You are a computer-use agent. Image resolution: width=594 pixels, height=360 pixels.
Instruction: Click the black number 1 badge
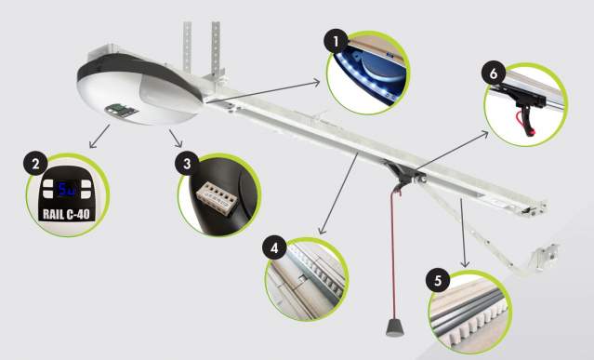click(336, 41)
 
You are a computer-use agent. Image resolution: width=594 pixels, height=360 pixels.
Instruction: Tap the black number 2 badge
click(35, 164)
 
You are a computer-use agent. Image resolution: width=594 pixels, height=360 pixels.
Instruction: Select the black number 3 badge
click(187, 164)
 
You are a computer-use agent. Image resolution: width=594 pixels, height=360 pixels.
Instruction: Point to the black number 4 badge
click(274, 247)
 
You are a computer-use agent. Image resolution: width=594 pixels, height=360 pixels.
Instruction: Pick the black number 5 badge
click(439, 280)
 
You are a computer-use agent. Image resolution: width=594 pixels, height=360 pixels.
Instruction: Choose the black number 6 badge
click(494, 73)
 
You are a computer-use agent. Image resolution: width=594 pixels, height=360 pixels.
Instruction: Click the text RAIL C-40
click(66, 214)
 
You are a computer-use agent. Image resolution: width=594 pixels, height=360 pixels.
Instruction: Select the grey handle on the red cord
click(395, 327)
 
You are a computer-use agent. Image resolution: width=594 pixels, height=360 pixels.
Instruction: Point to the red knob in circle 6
click(532, 132)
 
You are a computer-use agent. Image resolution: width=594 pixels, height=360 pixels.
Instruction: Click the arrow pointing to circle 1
click(262, 91)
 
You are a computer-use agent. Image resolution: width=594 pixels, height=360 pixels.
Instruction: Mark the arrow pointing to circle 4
click(338, 193)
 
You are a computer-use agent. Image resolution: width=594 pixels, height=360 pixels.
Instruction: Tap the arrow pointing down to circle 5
click(463, 233)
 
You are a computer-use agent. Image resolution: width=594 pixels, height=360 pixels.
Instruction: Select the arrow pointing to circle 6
click(451, 151)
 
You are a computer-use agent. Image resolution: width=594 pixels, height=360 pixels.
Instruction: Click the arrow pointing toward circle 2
click(99, 136)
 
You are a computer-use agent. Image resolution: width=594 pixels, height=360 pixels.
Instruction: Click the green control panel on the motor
click(121, 111)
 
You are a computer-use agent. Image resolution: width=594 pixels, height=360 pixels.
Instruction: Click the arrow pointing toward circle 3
click(176, 138)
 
